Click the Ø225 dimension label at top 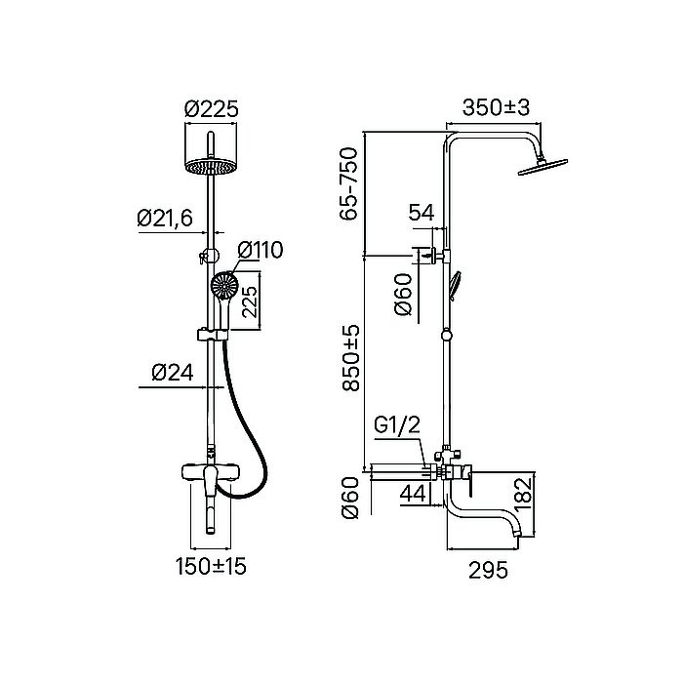click(x=212, y=108)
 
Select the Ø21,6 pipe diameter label click(x=165, y=218)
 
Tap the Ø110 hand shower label click(x=261, y=250)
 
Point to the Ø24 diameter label click(x=173, y=373)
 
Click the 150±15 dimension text click(x=211, y=566)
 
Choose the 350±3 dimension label click(x=496, y=107)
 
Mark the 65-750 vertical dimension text click(x=349, y=183)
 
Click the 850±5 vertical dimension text click(x=350, y=358)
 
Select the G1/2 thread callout click(x=397, y=425)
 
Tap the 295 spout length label click(x=488, y=570)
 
